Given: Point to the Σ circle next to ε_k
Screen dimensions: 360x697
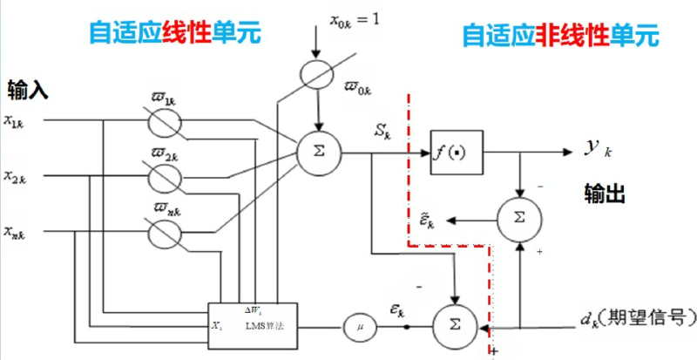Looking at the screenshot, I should click(456, 327).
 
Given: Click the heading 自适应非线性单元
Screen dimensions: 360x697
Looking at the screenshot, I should click(558, 36).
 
